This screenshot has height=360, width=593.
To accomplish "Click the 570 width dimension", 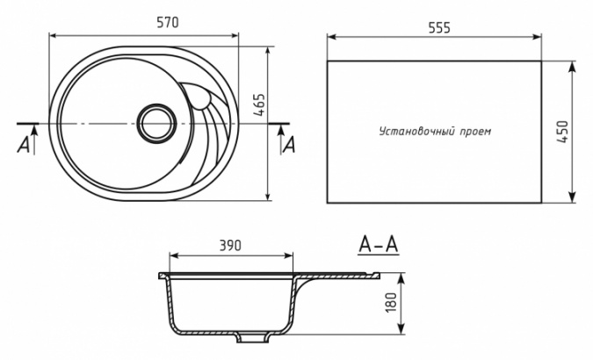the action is pos(168,23).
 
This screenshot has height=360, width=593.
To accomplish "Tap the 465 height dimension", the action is pos(260,104).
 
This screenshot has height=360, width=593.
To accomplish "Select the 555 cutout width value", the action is pos(439,27).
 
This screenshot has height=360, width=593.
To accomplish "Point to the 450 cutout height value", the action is pos(563,132).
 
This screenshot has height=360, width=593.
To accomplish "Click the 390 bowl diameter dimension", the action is pos(230,246).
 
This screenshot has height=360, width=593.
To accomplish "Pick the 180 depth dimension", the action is pos(391,303).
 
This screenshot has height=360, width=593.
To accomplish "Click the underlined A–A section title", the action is pos(379,245).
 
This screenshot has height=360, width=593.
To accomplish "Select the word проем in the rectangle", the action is pos(475,132).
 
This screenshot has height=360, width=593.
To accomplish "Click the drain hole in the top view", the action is pos(156,122).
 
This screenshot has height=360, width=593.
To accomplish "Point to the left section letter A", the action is pos(24,145).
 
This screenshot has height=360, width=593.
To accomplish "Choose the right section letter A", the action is pos(289,145).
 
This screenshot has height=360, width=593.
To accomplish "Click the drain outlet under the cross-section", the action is pos(251,338).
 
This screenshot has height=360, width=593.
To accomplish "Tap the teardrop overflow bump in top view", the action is pos(200,99).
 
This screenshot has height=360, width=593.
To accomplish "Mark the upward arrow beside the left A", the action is pos(34,140).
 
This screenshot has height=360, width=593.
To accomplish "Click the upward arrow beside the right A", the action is pos(280,140).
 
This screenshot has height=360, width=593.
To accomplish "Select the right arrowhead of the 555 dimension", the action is pos(537,37).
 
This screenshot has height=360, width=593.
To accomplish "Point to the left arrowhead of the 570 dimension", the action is pos(54,35).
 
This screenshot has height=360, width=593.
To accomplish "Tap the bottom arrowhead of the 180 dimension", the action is pos(401,329).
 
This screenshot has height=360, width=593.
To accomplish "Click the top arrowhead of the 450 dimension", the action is pos(572,66).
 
